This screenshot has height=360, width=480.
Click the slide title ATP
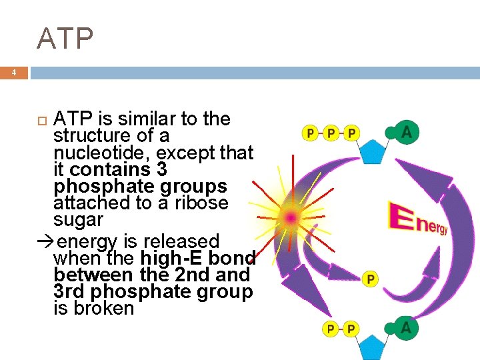[65, 39]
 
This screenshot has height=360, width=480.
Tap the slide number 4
[13, 73]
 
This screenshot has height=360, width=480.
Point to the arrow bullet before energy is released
[45, 241]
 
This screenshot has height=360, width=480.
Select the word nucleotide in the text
[97, 153]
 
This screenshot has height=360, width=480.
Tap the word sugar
[78, 220]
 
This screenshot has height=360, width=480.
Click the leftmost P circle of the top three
[310, 133]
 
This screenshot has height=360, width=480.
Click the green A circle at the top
[407, 133]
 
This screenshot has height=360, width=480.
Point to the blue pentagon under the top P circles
[371, 151]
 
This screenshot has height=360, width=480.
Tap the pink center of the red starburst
[291, 217]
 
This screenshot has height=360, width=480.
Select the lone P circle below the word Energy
[370, 279]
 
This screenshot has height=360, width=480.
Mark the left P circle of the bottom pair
[331, 329]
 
